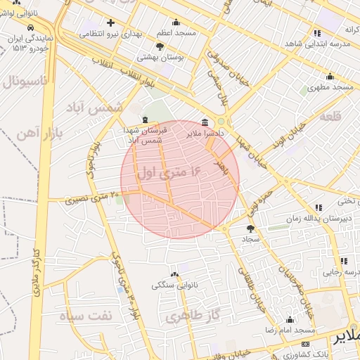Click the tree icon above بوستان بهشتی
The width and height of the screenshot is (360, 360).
[x=160, y=46]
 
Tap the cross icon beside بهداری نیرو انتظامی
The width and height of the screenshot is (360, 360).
[x=110, y=22]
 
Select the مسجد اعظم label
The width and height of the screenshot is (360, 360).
[x=176, y=33]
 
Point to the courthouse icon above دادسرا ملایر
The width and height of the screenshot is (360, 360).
[x=205, y=122]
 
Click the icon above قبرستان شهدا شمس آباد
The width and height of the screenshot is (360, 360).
[x=145, y=120]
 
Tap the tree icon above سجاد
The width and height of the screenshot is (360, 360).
[x=251, y=228]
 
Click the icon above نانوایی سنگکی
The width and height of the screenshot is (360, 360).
[x=174, y=274]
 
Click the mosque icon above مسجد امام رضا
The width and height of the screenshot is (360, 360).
[x=290, y=320]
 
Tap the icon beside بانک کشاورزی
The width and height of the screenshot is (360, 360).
[x=304, y=344]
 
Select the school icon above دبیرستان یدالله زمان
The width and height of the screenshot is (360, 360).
[x=319, y=207]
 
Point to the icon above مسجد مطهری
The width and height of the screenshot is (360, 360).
[x=329, y=77]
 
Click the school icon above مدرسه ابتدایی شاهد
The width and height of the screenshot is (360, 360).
[x=318, y=32]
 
